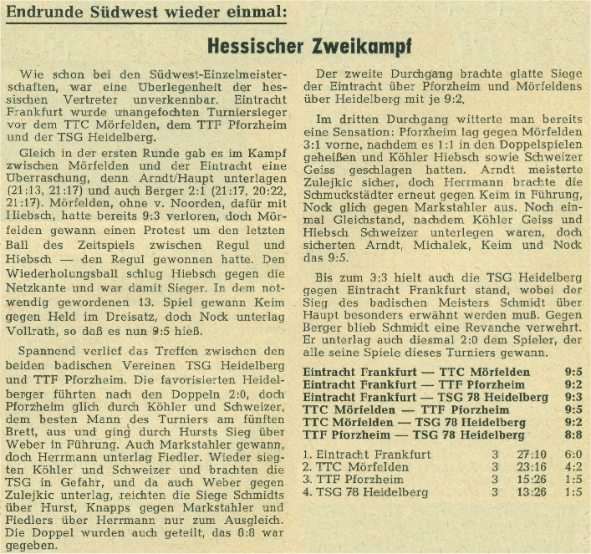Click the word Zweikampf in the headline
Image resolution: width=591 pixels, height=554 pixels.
364,46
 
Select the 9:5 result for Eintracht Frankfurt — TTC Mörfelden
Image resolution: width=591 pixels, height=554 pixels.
573,370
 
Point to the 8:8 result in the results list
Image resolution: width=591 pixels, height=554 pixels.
573,435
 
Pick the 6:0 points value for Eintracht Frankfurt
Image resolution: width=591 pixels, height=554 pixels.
573,455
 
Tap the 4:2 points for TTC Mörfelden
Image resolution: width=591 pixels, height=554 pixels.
573,467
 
